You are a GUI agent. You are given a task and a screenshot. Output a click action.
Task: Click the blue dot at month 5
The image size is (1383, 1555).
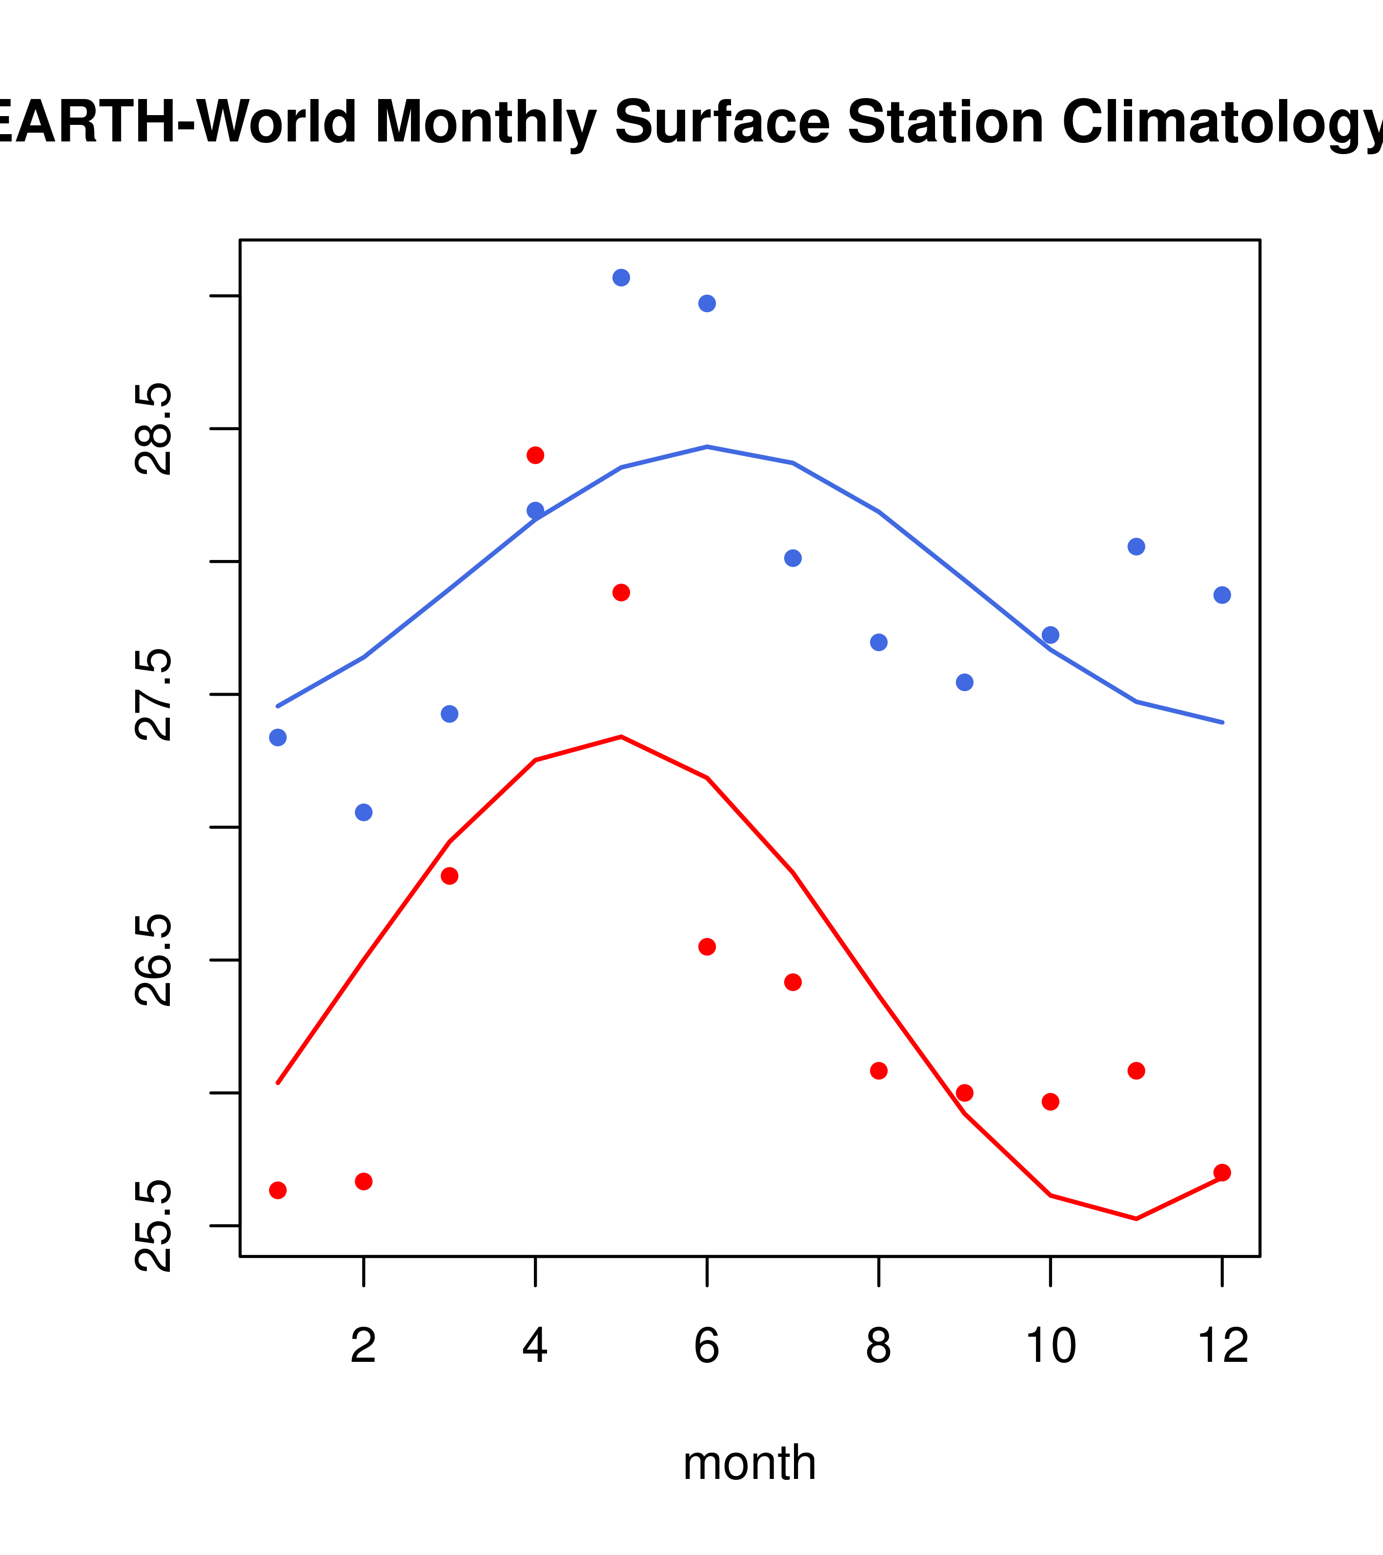click(x=621, y=278)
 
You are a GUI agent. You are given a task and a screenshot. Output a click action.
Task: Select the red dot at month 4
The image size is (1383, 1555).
click(x=535, y=455)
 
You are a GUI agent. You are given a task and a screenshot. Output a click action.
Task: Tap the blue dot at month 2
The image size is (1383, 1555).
click(x=364, y=813)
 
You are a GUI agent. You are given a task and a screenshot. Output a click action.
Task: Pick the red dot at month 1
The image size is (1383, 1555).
click(x=278, y=1190)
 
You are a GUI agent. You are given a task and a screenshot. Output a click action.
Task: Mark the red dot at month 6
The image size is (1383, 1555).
click(x=707, y=946)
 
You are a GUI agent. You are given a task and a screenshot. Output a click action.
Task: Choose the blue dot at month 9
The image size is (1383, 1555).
click(x=964, y=682)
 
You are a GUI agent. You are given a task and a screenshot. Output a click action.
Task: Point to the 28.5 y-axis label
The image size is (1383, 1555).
click(x=154, y=429)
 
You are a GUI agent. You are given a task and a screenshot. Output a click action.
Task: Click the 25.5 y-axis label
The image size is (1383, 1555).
click(x=154, y=1226)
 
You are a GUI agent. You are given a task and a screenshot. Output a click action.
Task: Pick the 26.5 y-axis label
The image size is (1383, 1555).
click(x=154, y=960)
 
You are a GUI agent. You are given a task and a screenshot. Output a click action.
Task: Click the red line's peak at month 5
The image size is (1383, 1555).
click(x=621, y=737)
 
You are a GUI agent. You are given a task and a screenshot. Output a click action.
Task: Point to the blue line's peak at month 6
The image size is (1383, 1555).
click(x=707, y=447)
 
